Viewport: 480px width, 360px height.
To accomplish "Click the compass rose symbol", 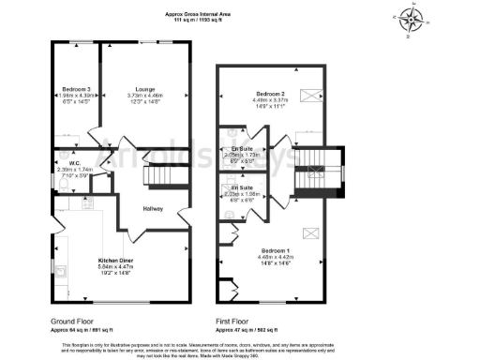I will (x=411, y=20).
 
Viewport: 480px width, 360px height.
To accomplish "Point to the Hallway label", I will (x=154, y=208).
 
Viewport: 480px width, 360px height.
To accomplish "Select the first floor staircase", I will (x=308, y=171).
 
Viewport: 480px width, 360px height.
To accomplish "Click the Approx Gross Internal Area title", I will (x=198, y=15).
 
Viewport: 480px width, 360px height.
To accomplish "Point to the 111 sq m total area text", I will (x=198, y=22).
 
